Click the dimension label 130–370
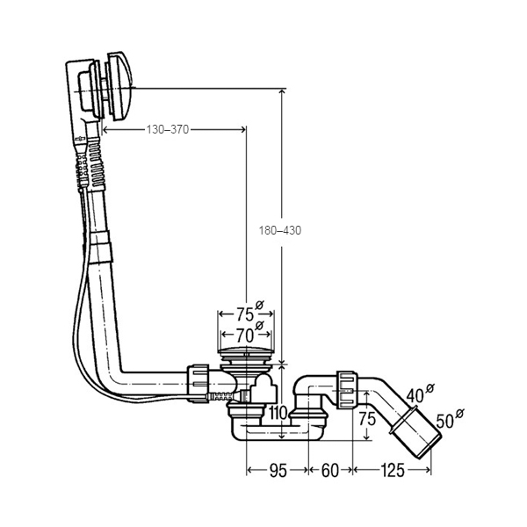coord(168,129)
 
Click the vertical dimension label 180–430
coord(280,230)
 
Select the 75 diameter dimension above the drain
coord(245,314)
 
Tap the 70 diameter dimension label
coord(244,335)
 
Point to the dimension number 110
coord(278,413)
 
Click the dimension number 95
coord(278,471)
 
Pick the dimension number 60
coord(329,471)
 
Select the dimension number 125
coord(393,471)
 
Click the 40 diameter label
coord(415,396)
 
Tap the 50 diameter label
coord(445,421)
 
